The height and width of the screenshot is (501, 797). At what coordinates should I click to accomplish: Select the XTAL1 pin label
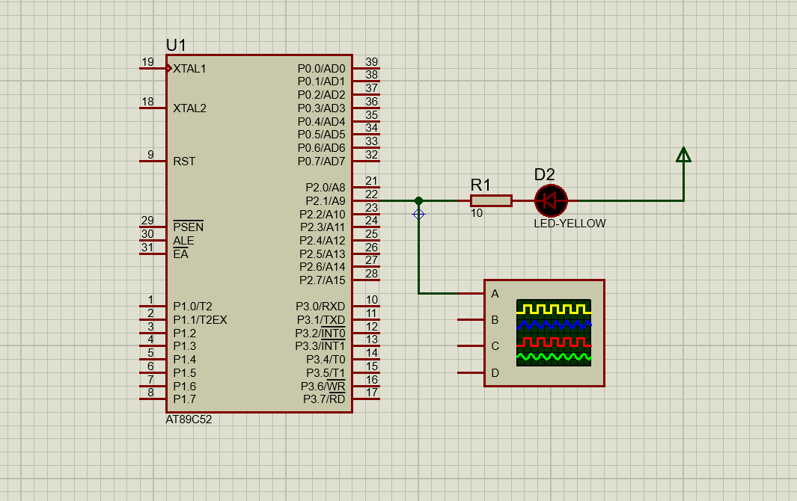point(189,68)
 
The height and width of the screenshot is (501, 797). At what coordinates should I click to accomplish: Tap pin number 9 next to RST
point(150,155)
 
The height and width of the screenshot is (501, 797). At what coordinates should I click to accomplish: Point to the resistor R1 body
point(491,200)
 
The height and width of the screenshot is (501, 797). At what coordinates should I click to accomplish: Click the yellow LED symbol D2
point(551,200)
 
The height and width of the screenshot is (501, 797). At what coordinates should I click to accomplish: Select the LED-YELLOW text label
point(569,223)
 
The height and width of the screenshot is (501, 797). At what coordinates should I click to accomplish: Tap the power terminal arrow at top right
point(683,155)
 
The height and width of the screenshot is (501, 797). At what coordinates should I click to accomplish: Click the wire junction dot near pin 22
point(418,200)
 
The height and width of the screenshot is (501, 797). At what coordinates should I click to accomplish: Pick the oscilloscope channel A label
point(495,294)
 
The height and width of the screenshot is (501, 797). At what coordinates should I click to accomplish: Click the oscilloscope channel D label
point(495,372)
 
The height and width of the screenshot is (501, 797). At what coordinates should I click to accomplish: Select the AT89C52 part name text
point(189,419)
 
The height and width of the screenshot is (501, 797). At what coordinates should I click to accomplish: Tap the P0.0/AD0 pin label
point(321,68)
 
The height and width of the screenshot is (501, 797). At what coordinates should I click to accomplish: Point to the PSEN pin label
point(188,227)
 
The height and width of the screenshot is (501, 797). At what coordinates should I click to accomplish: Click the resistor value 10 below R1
point(477,213)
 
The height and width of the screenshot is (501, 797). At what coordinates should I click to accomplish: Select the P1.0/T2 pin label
point(192,306)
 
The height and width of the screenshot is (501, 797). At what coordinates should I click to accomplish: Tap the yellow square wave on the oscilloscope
point(553,308)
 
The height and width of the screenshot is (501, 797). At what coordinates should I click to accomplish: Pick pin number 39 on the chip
point(371,62)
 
